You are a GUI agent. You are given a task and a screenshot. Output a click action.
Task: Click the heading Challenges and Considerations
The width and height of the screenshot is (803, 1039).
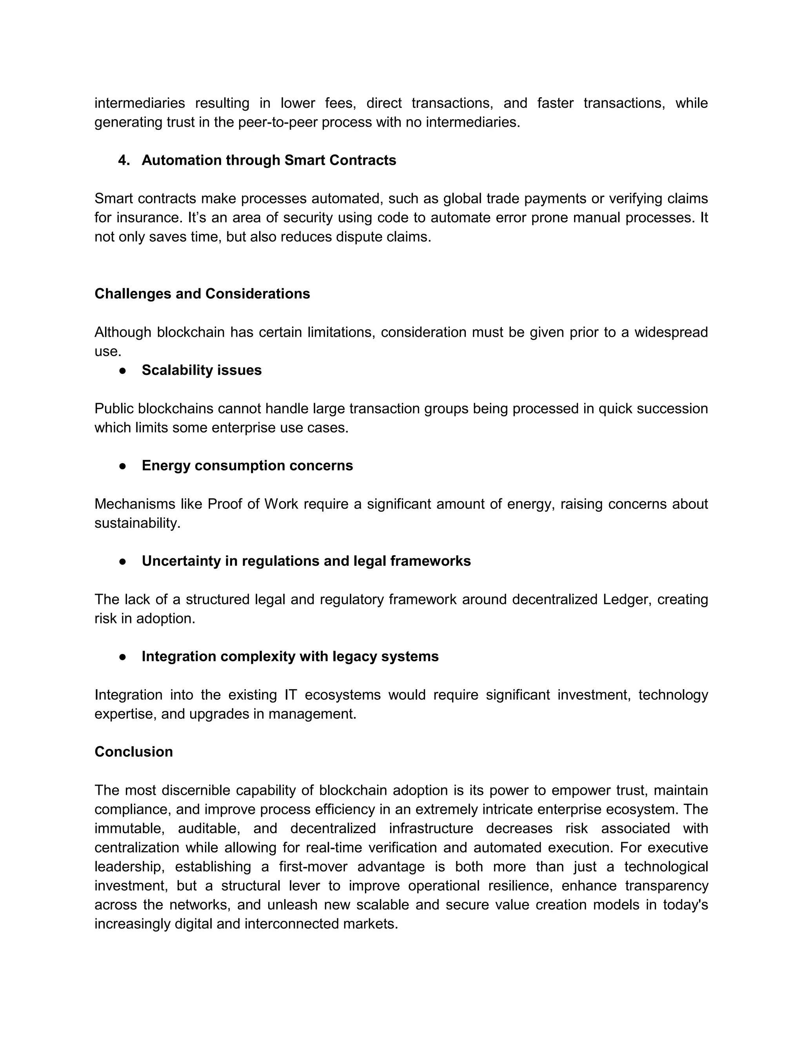[x=202, y=294]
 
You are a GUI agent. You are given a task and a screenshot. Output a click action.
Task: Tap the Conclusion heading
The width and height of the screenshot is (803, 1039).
[x=134, y=752]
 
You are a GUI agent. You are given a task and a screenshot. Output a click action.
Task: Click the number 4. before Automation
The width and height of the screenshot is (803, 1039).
[x=124, y=160]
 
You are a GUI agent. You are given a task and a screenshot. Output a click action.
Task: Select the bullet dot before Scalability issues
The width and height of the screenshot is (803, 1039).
[x=123, y=371]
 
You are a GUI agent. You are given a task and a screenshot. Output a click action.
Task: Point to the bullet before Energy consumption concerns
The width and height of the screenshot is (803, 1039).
[x=123, y=466]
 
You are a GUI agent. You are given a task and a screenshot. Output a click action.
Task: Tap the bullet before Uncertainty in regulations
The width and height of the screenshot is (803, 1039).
[x=123, y=561]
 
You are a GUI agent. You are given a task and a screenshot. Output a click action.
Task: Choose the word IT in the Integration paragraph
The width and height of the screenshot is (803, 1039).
[x=291, y=695]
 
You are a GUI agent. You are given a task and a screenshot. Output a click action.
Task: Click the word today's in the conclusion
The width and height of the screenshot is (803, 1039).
[x=685, y=905]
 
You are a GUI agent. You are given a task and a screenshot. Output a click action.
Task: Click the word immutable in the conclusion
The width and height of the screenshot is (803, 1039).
[x=129, y=829]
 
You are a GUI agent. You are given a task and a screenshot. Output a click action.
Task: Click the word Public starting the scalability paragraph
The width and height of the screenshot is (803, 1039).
[x=114, y=409]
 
